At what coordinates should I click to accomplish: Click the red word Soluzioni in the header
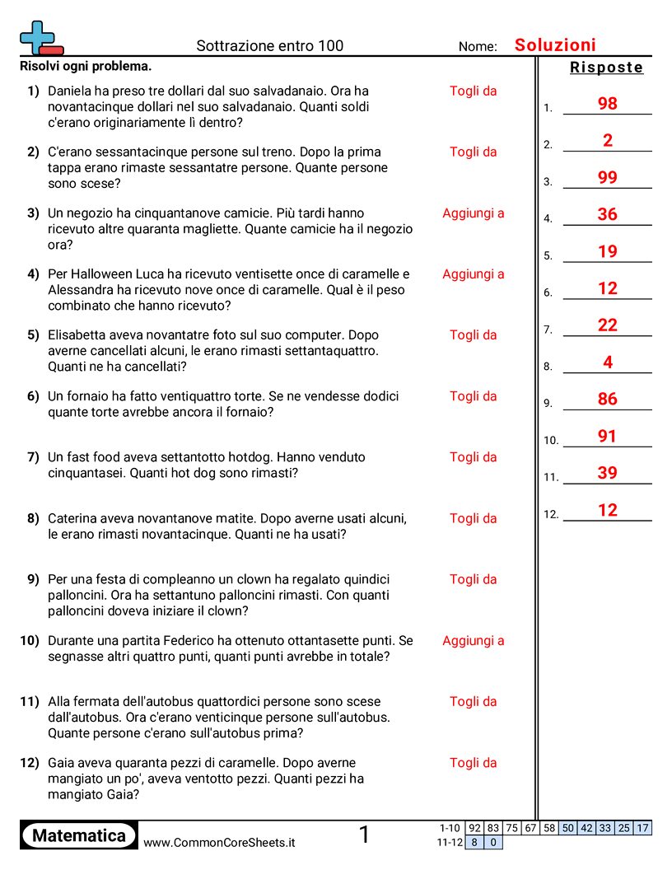555,45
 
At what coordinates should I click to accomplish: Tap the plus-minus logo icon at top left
40,39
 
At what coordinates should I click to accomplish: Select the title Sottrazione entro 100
269,46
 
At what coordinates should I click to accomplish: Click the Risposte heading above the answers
606,68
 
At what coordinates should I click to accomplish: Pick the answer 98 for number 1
608,104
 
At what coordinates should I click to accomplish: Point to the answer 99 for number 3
608,177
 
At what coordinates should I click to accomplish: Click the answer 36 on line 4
608,214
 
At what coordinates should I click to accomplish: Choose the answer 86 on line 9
608,399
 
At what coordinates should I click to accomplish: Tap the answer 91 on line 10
608,436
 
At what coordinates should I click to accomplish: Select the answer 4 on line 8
608,362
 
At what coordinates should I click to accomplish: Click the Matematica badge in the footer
79,835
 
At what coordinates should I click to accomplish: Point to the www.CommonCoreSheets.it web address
219,843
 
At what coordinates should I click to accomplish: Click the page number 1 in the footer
364,835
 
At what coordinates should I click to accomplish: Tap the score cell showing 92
474,828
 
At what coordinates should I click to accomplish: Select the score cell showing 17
642,828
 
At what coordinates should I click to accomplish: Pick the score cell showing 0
492,842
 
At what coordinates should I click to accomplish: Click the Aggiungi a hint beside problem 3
473,213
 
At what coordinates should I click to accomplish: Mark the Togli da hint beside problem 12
473,763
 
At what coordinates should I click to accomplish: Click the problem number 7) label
33,457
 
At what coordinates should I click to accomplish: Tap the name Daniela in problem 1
71,91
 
